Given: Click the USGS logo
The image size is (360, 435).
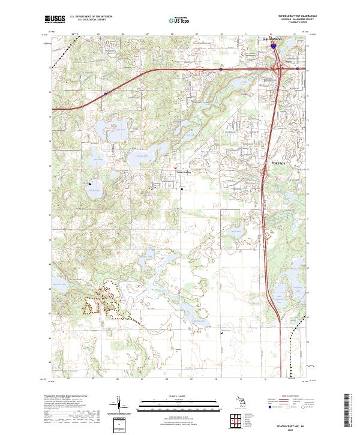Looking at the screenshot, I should pos(55,19).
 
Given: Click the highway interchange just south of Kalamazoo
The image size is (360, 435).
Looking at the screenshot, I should pos(279,70).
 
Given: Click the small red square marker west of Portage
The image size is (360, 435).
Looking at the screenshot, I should pos(175,168).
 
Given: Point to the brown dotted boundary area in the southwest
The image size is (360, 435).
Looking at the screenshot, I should pos(102,303).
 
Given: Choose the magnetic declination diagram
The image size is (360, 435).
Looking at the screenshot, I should pos(119,404).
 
